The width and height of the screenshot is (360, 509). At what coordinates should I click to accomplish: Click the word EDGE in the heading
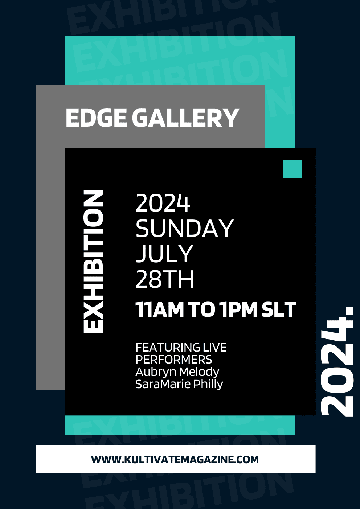pyautogui.click(x=96, y=118)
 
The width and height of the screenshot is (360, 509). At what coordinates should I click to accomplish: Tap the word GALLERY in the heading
pyautogui.click(x=185, y=118)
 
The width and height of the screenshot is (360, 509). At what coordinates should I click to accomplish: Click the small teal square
pyautogui.click(x=292, y=169)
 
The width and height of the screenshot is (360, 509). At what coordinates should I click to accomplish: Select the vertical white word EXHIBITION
pyautogui.click(x=93, y=261)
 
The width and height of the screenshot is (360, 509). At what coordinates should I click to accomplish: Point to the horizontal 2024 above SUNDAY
pyautogui.click(x=163, y=203)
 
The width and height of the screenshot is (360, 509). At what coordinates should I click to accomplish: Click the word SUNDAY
pyautogui.click(x=184, y=228)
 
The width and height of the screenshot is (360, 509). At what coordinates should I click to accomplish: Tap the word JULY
pyautogui.click(x=164, y=254)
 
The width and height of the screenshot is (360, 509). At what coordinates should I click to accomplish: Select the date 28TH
pyautogui.click(x=164, y=279)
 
